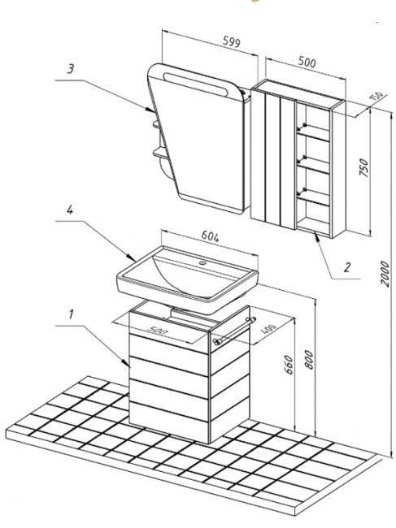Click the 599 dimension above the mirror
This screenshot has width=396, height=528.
(x=232, y=41)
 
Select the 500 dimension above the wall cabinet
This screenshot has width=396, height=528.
(x=307, y=63)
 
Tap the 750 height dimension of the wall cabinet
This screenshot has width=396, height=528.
(x=364, y=167)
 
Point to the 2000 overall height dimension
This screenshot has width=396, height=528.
(x=385, y=273)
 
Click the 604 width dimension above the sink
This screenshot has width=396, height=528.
(x=211, y=236)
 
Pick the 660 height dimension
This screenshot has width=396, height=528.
(x=289, y=365)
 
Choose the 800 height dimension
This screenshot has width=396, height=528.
(x=309, y=359)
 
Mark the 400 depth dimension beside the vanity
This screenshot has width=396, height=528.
(x=268, y=329)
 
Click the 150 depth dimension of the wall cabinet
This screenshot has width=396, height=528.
(x=376, y=96)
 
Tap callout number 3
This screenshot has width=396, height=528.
(x=70, y=69)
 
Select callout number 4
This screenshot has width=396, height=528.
(x=70, y=210)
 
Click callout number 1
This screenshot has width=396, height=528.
(x=71, y=314)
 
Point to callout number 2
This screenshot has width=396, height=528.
(x=347, y=267)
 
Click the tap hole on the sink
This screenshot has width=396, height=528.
(x=202, y=262)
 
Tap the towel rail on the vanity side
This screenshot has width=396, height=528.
(x=234, y=331)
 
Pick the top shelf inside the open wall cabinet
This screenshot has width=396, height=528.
(x=313, y=132)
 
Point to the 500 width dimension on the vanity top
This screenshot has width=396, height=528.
(x=157, y=331)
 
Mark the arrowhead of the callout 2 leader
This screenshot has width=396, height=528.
(x=316, y=236)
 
